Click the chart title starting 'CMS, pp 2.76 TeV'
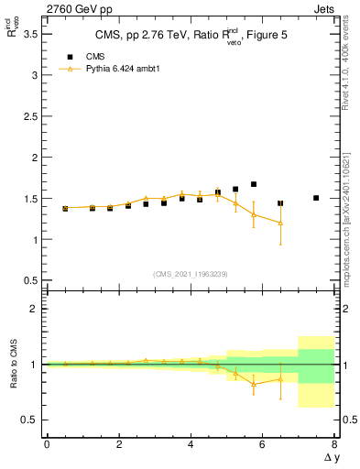click(x=190, y=37)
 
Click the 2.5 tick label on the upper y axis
click(x=30, y=116)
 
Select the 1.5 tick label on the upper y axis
click(x=30, y=199)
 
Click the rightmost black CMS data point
click(x=316, y=198)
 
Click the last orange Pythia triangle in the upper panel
click(x=280, y=223)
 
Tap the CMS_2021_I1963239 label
click(x=190, y=274)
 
